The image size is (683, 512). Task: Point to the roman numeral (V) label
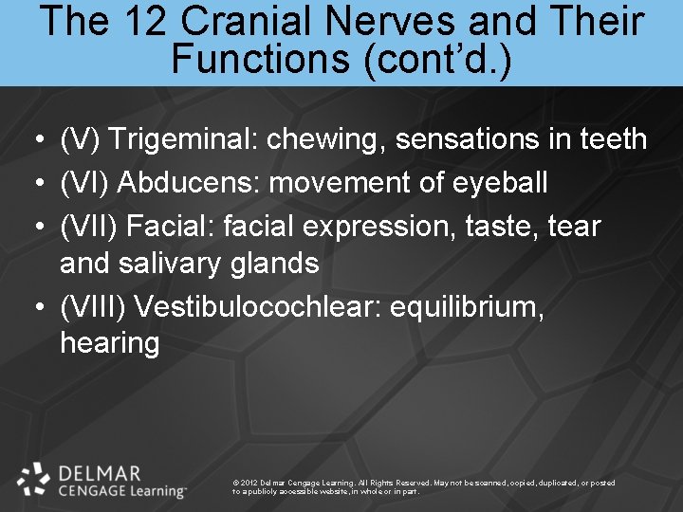(80, 139)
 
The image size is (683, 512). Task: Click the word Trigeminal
(180, 139)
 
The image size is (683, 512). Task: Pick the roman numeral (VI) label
(83, 181)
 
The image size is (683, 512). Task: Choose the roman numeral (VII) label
(86, 226)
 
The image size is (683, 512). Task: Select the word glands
(275, 263)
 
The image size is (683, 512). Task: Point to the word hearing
(109, 343)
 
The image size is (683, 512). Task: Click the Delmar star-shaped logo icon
(34, 479)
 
